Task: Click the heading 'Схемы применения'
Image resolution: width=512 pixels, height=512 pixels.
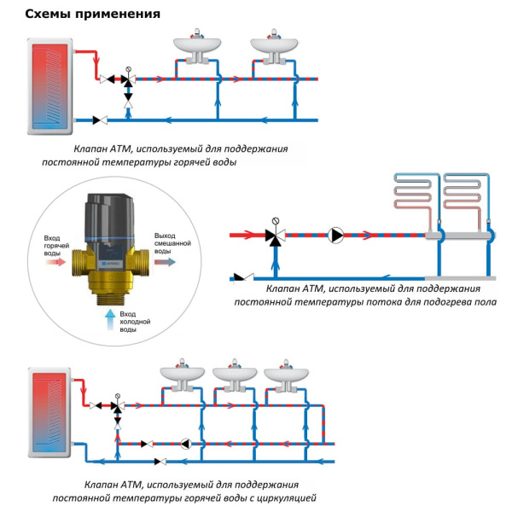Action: tap(81, 15)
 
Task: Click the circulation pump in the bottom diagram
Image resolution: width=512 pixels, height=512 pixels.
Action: tap(185, 443)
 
